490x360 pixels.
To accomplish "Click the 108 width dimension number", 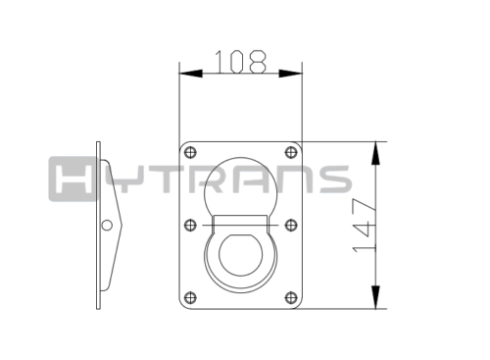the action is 240,62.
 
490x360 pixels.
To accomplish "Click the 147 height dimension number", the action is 365,226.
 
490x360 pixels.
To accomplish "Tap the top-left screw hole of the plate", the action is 190,152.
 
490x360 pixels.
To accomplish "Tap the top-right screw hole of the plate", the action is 291,152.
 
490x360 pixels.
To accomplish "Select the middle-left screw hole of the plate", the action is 190,225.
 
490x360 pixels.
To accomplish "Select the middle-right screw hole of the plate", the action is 291,225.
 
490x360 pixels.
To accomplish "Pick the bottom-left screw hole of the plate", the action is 190,298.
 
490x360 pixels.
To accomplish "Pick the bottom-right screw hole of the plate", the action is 291,298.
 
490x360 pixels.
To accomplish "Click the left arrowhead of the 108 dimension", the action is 191,74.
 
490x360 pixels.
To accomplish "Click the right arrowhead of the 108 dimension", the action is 290,74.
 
